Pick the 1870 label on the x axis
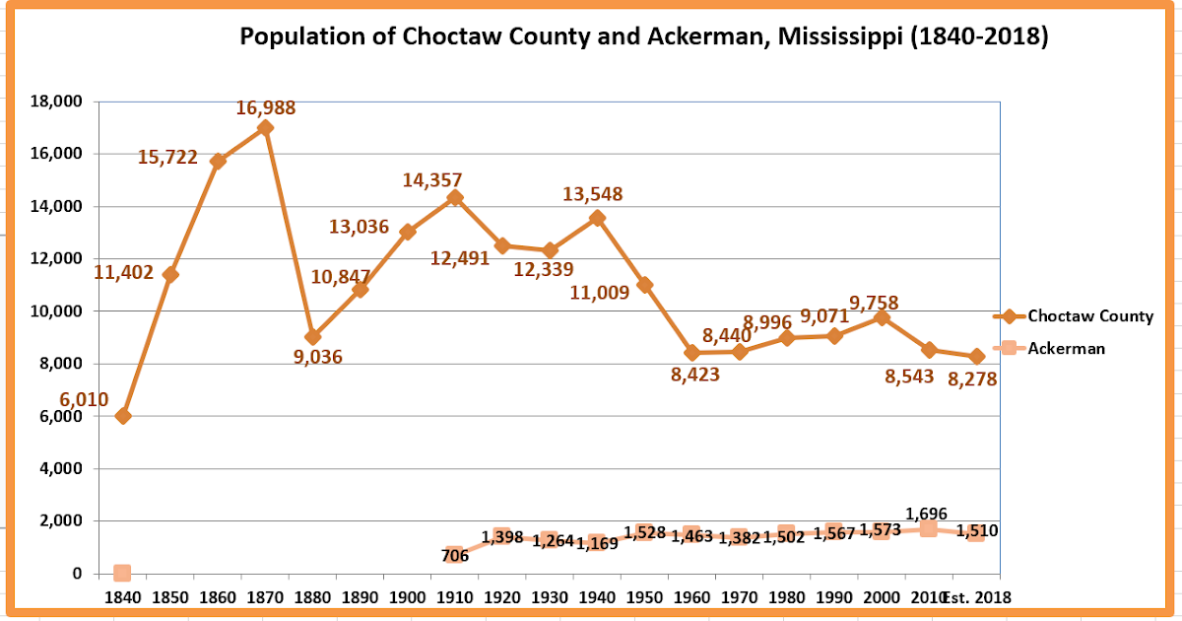pyautogui.click(x=265, y=597)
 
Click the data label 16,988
pyautogui.click(x=265, y=108)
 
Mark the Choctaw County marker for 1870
pyautogui.click(x=265, y=127)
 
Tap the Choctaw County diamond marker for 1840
pyautogui.click(x=122, y=416)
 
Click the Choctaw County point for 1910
pyautogui.click(x=455, y=197)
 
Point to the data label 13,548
pyautogui.click(x=592, y=194)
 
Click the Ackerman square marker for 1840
pyautogui.click(x=122, y=573)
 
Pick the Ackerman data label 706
pyautogui.click(x=455, y=555)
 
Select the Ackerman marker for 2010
pyautogui.click(x=928, y=529)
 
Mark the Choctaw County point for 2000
pyautogui.click(x=882, y=317)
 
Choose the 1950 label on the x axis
pyautogui.click(x=644, y=597)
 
